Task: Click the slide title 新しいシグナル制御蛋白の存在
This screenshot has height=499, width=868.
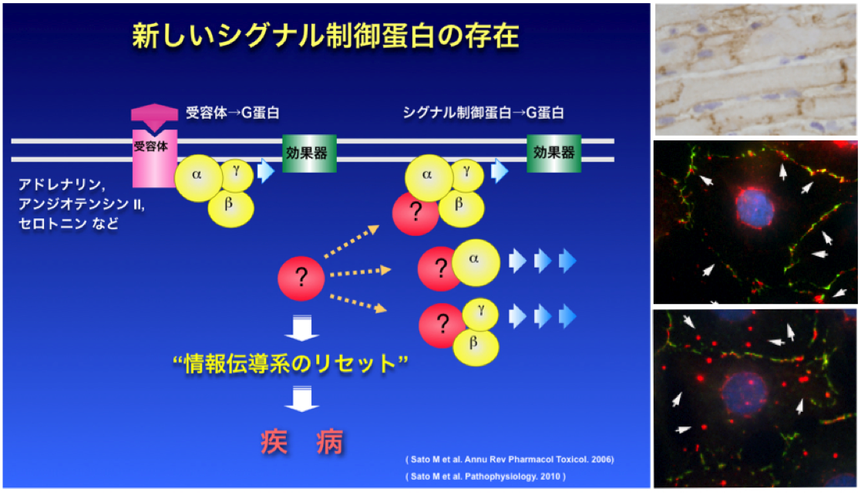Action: click(325, 36)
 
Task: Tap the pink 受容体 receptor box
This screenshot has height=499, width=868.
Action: click(154, 158)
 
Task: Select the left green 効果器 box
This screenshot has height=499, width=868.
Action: click(309, 153)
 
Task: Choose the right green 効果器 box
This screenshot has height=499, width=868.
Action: click(553, 153)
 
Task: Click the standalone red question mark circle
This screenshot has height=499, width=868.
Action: click(301, 278)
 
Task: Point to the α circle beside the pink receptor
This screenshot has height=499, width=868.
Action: click(198, 178)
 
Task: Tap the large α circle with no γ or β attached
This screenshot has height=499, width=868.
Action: click(476, 262)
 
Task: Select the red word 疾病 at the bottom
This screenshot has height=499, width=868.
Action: click(302, 442)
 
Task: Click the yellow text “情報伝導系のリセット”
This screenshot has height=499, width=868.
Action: click(291, 363)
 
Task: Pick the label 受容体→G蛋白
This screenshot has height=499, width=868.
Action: click(233, 113)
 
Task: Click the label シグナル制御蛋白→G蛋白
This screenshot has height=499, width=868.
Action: click(483, 113)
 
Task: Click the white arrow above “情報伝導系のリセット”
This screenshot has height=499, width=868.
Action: click(301, 328)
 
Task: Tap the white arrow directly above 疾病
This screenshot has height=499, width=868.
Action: click(301, 400)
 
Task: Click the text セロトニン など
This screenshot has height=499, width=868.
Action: click(68, 223)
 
